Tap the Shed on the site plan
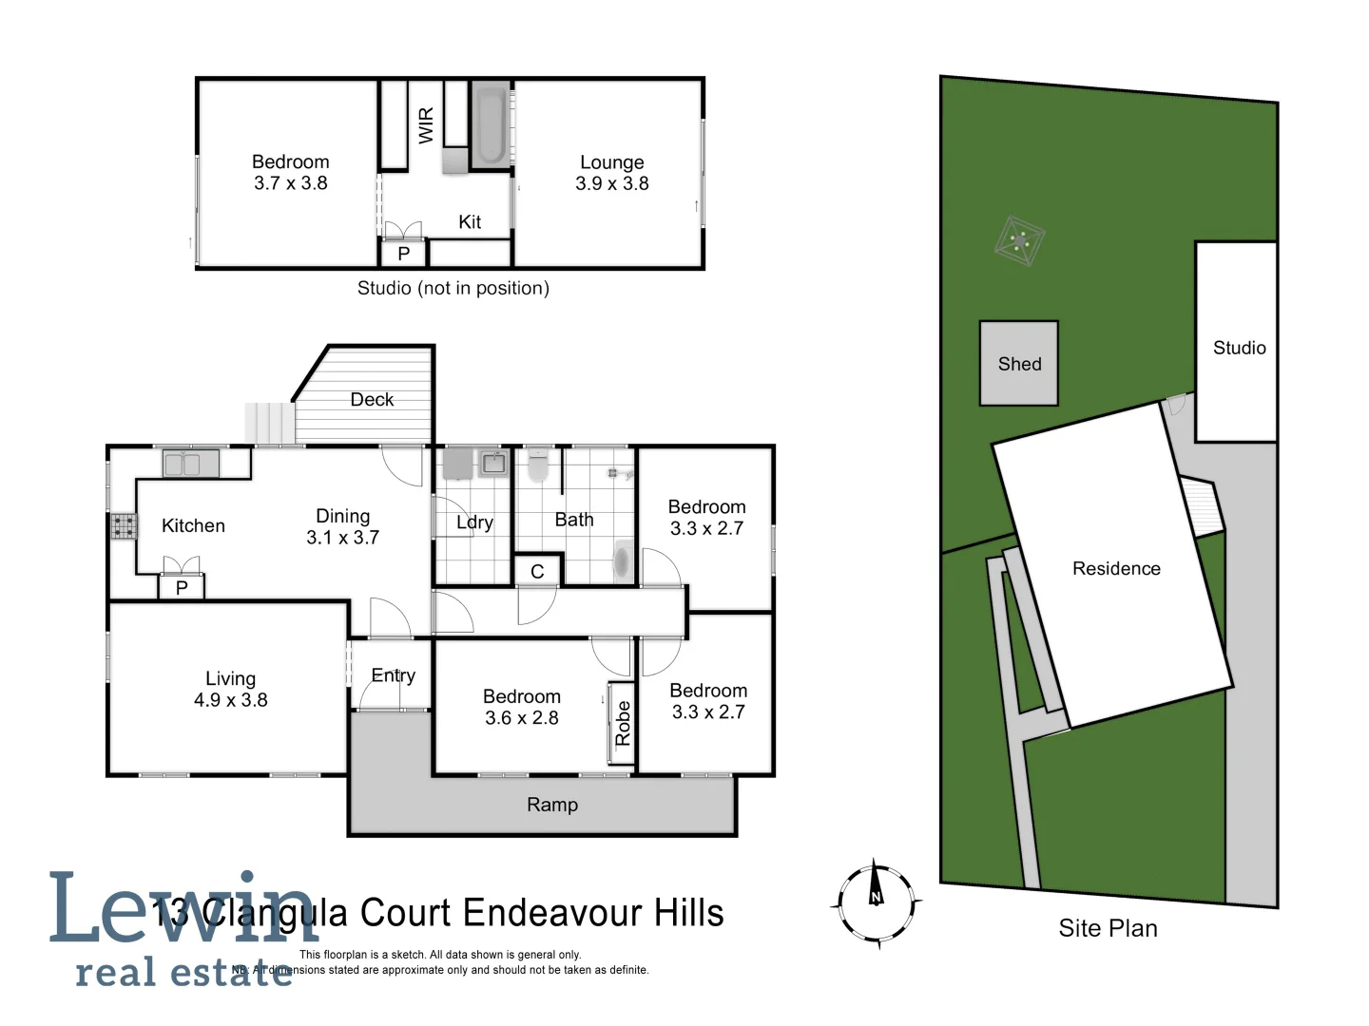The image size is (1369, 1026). (1019, 364)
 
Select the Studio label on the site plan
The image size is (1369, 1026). (1239, 349)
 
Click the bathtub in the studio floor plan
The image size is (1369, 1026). (491, 126)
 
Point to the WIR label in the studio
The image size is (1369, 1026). (426, 124)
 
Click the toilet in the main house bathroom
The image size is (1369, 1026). (538, 465)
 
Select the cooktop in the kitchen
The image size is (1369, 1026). (123, 525)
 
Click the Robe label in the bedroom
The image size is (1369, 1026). (623, 723)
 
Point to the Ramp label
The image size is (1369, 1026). (552, 806)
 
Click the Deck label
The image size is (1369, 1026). (372, 400)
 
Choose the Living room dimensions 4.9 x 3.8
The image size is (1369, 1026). (231, 700)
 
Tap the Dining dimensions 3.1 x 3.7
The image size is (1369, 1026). (342, 538)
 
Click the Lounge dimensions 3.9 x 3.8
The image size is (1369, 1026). (612, 184)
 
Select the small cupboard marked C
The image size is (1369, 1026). (537, 571)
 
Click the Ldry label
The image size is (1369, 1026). (474, 522)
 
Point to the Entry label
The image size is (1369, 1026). (393, 675)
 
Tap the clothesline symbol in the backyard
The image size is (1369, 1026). (1020, 241)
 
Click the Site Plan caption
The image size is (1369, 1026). (1108, 928)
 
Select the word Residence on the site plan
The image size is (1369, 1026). (1116, 569)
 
